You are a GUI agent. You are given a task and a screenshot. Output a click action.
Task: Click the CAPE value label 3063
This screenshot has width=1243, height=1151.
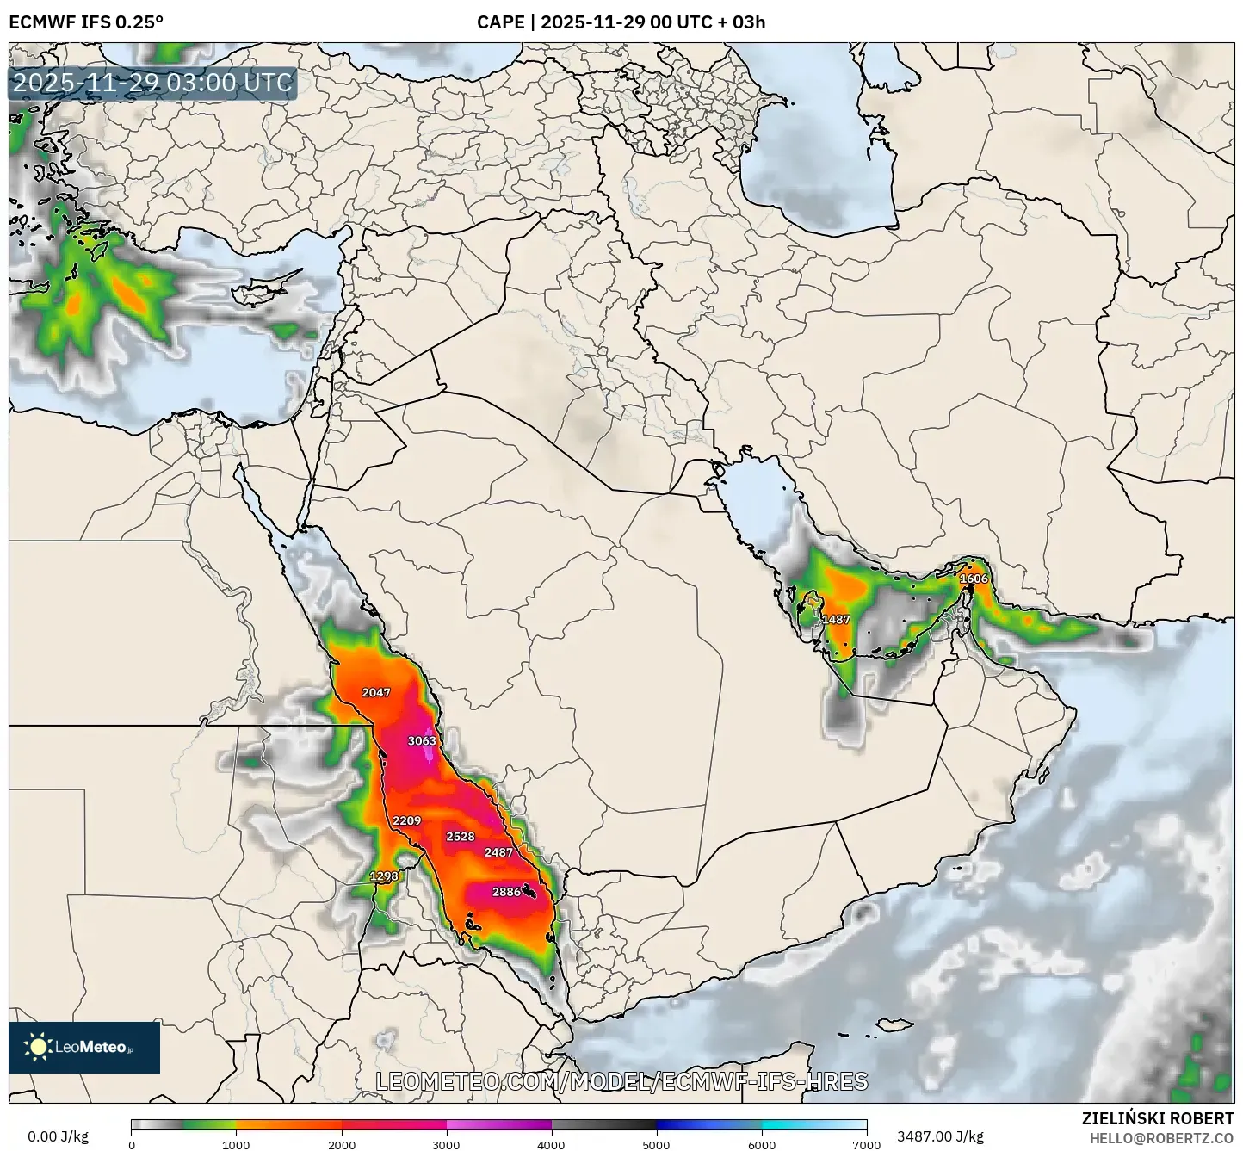tap(422, 741)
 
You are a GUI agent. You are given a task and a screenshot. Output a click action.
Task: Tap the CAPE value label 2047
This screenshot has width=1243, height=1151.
tap(376, 693)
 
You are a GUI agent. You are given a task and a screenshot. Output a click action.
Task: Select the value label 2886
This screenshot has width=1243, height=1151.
tap(506, 892)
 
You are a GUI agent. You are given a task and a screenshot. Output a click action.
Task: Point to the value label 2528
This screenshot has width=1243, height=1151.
tap(461, 837)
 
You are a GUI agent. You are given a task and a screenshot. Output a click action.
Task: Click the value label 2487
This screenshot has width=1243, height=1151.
tap(498, 852)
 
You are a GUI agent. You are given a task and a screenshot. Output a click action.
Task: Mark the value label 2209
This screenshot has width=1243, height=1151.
tap(406, 821)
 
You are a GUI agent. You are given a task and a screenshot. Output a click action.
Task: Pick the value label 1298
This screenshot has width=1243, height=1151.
tap(384, 876)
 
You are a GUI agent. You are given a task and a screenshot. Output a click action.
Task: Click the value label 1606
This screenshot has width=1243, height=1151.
tap(974, 579)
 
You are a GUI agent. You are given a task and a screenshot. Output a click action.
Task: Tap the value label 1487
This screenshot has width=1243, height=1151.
tap(836, 620)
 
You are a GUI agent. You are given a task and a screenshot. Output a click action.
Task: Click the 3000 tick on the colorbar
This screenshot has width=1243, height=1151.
tap(446, 1144)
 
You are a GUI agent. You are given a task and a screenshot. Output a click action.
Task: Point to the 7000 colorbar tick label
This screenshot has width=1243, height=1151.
tap(866, 1144)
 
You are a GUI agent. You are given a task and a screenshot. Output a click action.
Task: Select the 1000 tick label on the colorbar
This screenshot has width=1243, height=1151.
tap(236, 1144)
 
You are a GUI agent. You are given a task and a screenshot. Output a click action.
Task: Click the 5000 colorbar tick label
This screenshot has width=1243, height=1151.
tap(656, 1144)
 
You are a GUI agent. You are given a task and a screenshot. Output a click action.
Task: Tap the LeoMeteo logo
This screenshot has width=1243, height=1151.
tap(84, 1048)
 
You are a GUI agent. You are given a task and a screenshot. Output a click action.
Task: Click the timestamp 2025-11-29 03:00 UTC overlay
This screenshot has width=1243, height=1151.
tap(152, 84)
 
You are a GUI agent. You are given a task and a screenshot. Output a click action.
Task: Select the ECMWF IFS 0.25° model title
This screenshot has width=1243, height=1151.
tap(86, 22)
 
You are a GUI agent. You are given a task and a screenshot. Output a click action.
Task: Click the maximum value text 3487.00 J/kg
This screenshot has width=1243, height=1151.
tap(940, 1136)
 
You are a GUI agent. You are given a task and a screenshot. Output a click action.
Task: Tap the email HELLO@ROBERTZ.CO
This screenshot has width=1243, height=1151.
tap(1161, 1138)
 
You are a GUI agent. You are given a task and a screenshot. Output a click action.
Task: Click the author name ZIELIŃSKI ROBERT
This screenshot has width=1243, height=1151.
tap(1157, 1118)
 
